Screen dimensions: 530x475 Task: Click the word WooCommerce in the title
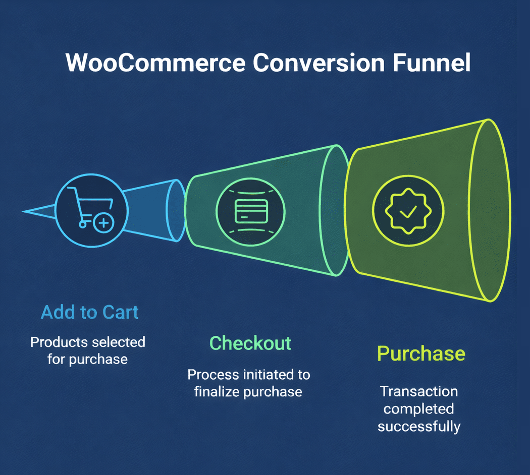tap(155, 63)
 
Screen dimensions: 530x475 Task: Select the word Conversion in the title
tap(319, 63)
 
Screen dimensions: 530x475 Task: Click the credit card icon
tap(251, 212)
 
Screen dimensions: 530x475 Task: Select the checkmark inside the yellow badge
tap(408, 212)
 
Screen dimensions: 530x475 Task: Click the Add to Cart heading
tap(89, 312)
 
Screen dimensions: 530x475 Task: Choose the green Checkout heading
tap(250, 343)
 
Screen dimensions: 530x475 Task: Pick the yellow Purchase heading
tap(421, 354)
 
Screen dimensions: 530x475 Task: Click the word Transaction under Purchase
tap(419, 392)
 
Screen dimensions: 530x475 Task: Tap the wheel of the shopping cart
tap(82, 224)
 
